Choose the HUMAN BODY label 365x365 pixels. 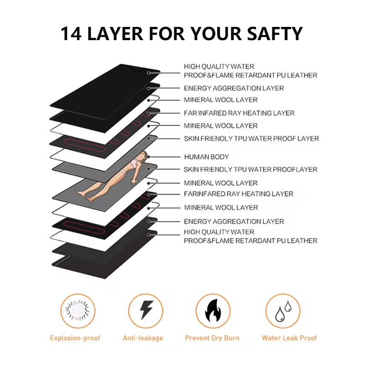click(x=206, y=157)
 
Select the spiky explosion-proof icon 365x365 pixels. click(x=78, y=311)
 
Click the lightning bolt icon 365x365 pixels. click(x=146, y=311)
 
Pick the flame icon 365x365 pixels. click(x=213, y=311)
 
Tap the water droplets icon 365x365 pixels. click(x=283, y=311)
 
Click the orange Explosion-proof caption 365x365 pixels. click(x=75, y=338)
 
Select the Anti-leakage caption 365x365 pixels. click(x=143, y=338)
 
